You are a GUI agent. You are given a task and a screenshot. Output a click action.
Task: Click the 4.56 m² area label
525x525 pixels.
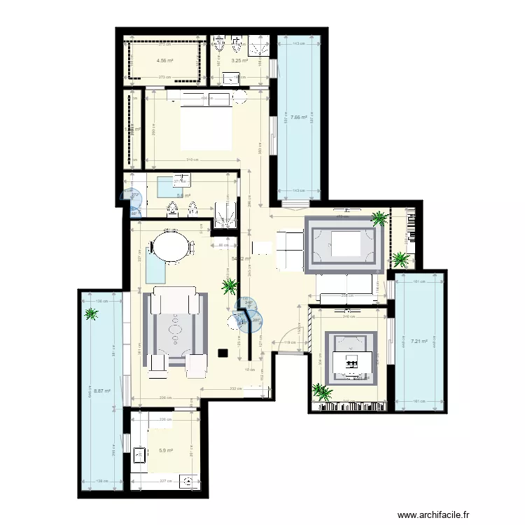(164, 60)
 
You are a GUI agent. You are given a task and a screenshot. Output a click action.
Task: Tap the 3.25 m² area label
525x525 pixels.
(240, 60)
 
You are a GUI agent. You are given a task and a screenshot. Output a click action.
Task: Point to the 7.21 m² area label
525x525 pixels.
(419, 342)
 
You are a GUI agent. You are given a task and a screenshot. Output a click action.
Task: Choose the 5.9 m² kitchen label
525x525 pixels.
(165, 451)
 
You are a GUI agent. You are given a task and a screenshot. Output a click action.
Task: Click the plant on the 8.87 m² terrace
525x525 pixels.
(90, 314)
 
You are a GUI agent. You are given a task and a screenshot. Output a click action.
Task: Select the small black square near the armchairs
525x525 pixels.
(223, 354)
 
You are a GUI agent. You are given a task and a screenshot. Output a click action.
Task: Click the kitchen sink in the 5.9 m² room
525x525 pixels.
(139, 456)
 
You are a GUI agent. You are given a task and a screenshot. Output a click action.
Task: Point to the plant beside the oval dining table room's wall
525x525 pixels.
(229, 286)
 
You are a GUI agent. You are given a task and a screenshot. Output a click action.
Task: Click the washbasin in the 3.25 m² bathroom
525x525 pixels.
(234, 80)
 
